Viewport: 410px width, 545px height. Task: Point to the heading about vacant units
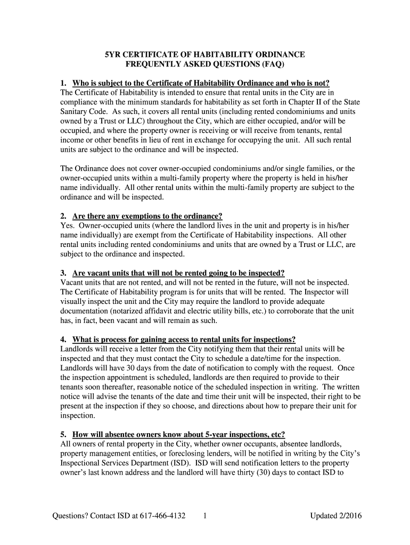coord(178,272)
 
